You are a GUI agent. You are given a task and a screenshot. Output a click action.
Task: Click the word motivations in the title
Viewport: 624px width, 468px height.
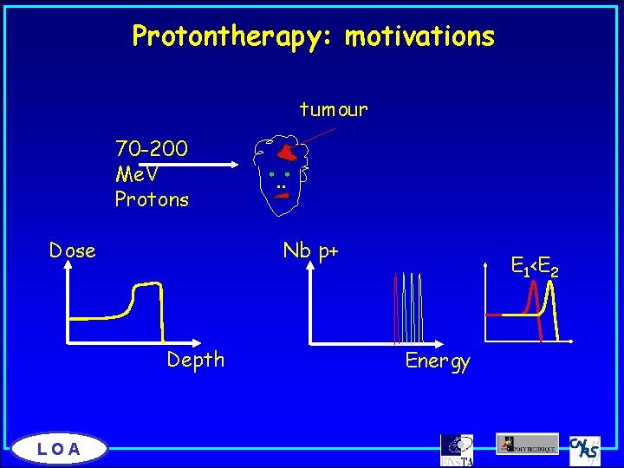419,36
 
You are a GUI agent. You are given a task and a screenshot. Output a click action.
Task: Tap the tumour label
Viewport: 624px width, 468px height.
334,110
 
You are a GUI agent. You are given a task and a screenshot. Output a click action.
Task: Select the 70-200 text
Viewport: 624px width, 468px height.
152,148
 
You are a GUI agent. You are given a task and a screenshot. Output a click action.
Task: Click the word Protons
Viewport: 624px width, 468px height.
152,199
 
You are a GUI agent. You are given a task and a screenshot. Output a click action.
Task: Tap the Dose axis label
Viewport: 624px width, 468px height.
72,251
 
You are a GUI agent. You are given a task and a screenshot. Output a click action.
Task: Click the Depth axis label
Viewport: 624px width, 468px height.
196,360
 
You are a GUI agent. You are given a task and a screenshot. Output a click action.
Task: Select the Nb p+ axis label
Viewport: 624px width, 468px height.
310,251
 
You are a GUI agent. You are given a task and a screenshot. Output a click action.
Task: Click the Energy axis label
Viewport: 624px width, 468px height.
438,361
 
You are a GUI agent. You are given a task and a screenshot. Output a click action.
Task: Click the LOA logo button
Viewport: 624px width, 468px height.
60,448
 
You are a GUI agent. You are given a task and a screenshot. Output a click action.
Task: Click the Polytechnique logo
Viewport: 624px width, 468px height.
527,444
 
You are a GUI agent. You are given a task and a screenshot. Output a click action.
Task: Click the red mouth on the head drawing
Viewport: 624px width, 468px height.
281,197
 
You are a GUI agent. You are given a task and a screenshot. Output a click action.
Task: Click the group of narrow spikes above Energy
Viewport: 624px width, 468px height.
408,308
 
